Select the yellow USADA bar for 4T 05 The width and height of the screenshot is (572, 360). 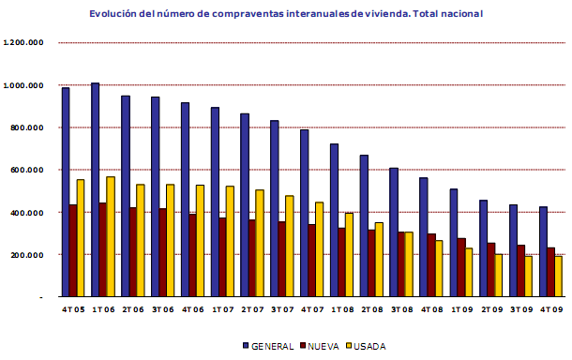click(x=81, y=238)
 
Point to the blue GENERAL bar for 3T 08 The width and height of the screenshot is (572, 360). click(x=394, y=232)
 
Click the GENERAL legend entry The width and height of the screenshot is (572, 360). click(x=267, y=345)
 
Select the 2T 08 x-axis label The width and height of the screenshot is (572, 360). click(x=371, y=308)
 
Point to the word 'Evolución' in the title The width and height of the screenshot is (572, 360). click(x=114, y=15)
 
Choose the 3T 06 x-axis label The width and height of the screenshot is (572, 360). click(x=162, y=308)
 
